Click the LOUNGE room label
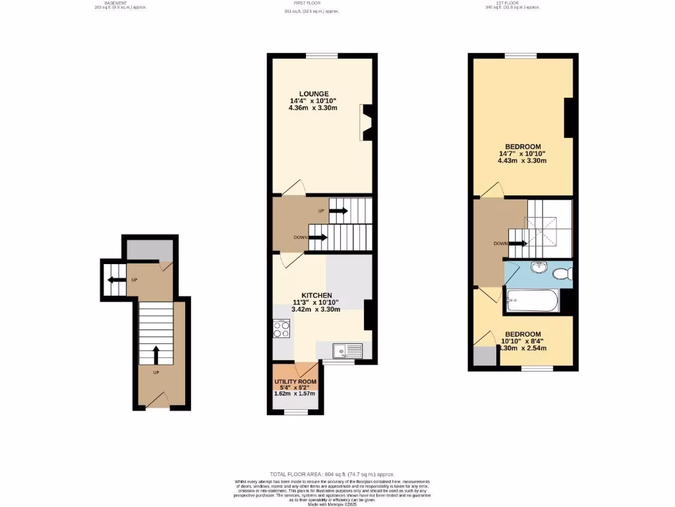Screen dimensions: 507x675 pos(313,94)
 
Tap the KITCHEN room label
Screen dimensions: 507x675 pos(316,295)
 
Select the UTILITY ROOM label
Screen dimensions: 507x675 pos(295,382)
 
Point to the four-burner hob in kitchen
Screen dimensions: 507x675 pos(281,328)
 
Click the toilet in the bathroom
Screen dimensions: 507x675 pos(562,273)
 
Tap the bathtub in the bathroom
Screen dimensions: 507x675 pos(532,302)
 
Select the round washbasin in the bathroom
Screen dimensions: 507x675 pos(539,267)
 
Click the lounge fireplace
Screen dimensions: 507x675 pos(368,122)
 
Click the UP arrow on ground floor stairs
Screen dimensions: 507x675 pos(338,211)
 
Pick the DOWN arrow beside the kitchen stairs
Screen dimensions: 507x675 pos(318,238)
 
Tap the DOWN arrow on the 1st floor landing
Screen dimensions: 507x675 pos(518,243)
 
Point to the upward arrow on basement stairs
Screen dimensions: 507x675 pos(156,355)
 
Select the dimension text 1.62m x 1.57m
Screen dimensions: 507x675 pos(295,393)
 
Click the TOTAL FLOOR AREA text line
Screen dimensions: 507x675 pos(332,475)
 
